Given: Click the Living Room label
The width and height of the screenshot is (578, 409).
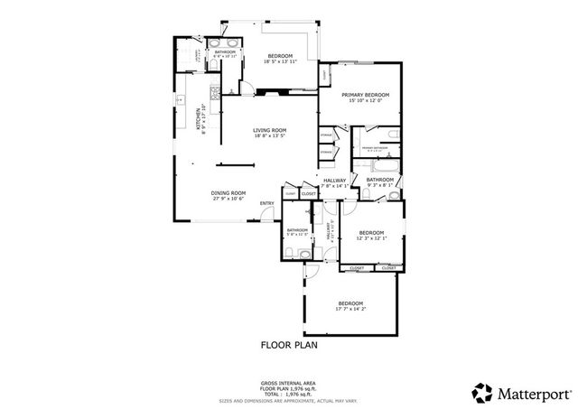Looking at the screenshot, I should (x=268, y=130).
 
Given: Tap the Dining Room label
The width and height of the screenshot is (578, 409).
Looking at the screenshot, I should (x=228, y=192).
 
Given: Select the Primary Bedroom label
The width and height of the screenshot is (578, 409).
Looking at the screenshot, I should (x=365, y=95).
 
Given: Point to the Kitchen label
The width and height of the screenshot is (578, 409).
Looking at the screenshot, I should (x=199, y=117).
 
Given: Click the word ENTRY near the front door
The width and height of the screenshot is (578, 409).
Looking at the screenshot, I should (x=267, y=203).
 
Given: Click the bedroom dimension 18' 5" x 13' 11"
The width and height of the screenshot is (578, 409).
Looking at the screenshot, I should (x=281, y=62).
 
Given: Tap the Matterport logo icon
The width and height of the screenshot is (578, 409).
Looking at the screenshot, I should (x=481, y=392).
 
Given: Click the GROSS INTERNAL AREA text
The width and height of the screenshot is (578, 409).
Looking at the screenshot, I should (x=289, y=384).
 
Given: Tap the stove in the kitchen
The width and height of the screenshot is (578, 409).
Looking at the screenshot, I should (x=214, y=94).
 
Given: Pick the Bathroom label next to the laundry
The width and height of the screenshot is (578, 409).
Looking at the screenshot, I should (x=225, y=51).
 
